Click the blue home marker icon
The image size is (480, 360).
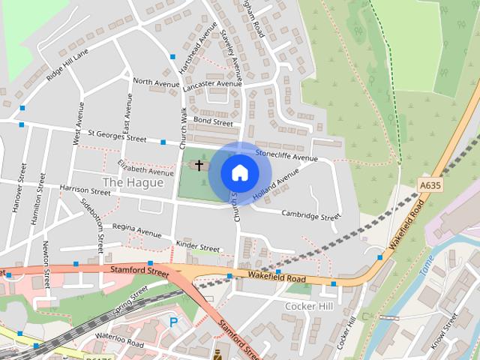(x=239, y=172)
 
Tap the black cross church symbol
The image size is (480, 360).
(x=199, y=164)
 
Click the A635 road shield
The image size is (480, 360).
(x=430, y=184)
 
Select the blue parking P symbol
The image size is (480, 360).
(x=173, y=322)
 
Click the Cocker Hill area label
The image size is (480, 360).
(x=308, y=306)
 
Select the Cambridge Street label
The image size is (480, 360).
(x=310, y=216)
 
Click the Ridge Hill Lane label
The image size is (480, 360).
(x=67, y=64)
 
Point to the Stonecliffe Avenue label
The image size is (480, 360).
(x=286, y=155)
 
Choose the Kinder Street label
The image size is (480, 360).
(x=197, y=246)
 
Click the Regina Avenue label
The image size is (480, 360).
(x=136, y=229)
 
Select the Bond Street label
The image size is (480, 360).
(x=213, y=120)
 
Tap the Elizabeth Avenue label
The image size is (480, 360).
(x=145, y=166)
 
